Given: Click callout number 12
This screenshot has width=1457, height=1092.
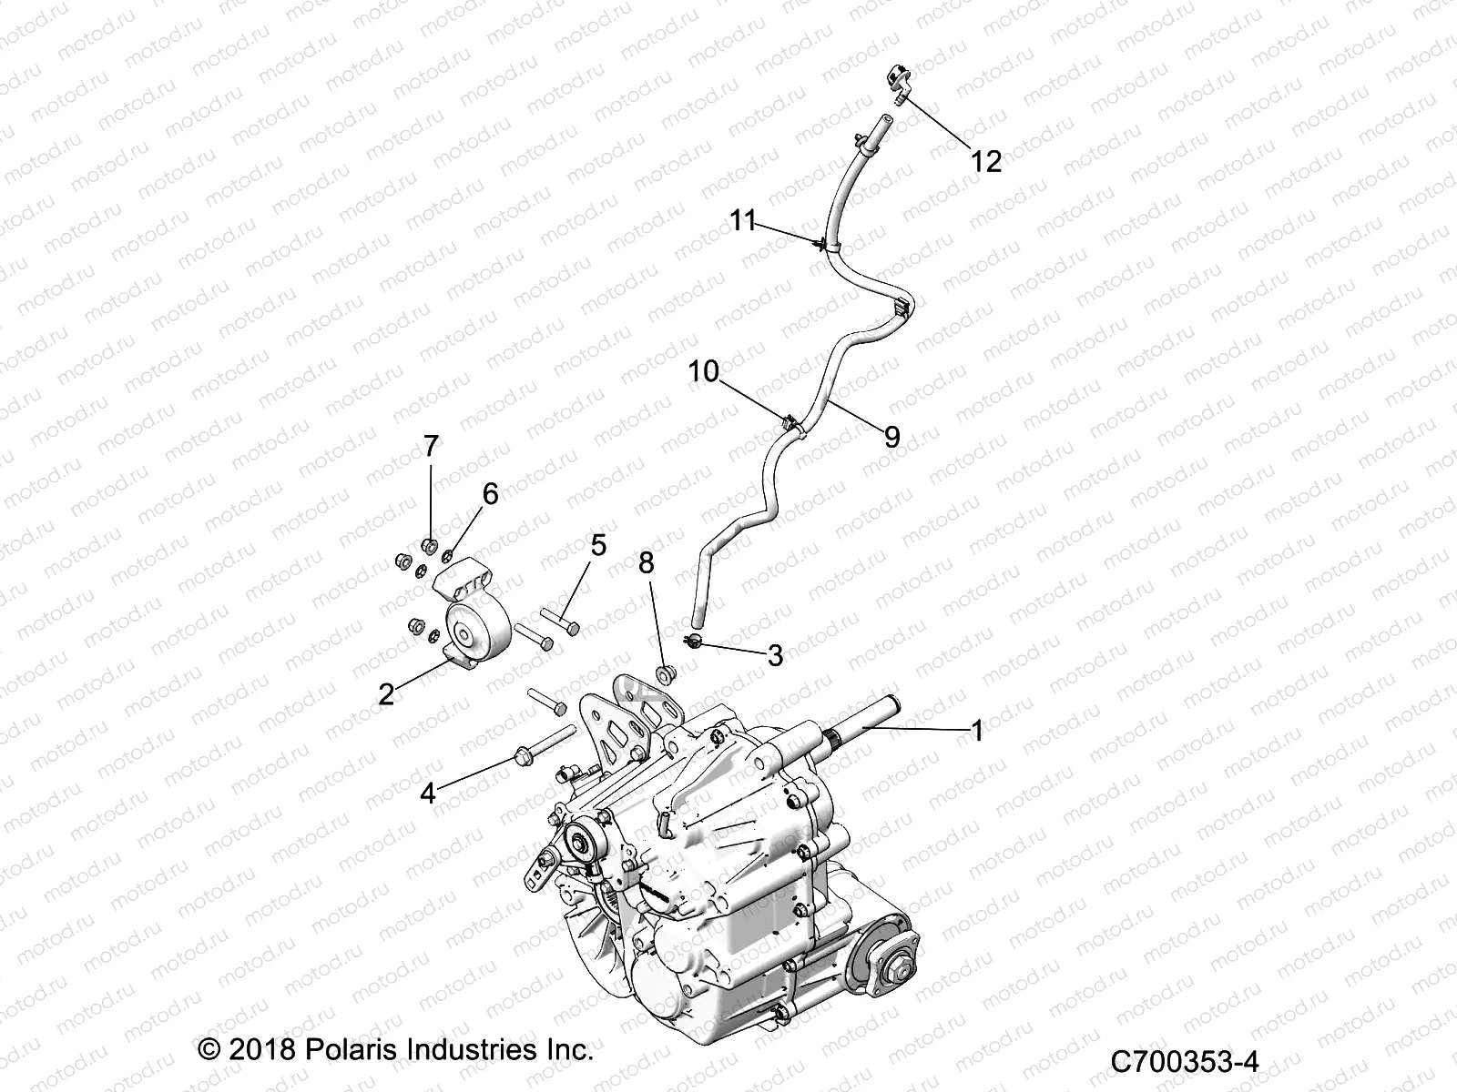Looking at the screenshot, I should click(986, 162).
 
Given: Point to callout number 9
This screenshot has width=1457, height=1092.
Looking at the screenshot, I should click(892, 438).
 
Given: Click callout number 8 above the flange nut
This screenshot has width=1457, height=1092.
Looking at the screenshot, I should click(646, 563).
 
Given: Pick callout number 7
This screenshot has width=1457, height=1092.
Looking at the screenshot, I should click(431, 446).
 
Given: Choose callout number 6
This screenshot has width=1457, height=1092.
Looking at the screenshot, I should click(490, 494).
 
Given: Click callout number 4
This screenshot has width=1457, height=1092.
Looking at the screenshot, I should click(427, 793).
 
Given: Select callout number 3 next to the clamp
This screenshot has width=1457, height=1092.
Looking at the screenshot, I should click(775, 655).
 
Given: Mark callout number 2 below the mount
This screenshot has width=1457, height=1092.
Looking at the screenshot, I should click(387, 695).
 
